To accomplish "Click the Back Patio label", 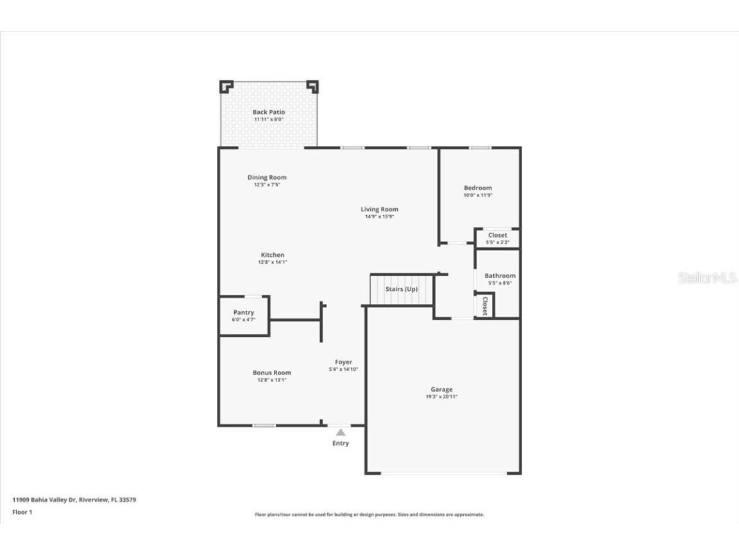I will tap(268, 112).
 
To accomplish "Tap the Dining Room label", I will tap(267, 177).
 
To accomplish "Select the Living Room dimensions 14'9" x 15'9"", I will tap(379, 216).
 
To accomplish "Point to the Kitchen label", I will tap(272, 255).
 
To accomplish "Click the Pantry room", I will tap(244, 315).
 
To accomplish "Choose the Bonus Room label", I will tap(271, 373).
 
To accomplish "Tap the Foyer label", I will tap(343, 362).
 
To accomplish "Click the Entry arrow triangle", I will tap(341, 432).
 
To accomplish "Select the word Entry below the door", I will tap(341, 443).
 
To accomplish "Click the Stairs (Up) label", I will tap(402, 289).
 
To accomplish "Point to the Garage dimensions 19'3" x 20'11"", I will tap(441, 397).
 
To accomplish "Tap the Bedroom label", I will tap(478, 188).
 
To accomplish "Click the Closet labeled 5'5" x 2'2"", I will tap(497, 238).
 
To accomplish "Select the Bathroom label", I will tap(500, 276).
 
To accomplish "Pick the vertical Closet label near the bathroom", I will tap(485, 305).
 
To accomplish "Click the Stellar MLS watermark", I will tap(707, 278).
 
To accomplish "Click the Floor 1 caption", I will tap(22, 512).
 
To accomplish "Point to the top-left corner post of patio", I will tap(226, 86).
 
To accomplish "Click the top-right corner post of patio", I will tap(312, 86).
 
